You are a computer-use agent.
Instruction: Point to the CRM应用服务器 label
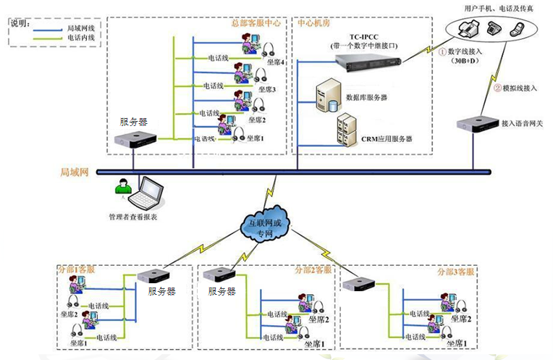(x=387, y=138)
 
